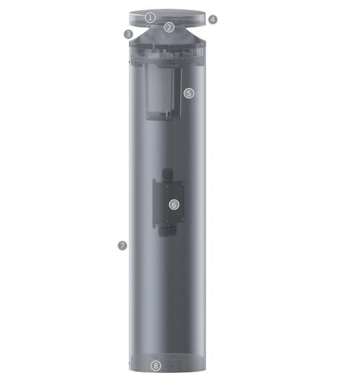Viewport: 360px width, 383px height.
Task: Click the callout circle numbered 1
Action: (x=150, y=17)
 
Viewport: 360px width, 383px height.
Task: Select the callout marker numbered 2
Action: (x=169, y=27)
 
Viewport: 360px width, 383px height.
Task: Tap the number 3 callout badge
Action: (x=128, y=34)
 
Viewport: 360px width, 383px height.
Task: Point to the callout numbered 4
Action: (x=213, y=19)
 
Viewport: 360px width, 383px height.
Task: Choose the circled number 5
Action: (x=189, y=93)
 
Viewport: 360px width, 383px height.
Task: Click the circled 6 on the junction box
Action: (x=174, y=205)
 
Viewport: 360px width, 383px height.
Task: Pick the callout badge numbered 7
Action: (x=122, y=246)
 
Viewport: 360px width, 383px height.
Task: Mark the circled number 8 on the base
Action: (x=156, y=366)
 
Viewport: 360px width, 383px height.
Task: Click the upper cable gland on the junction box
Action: (x=167, y=173)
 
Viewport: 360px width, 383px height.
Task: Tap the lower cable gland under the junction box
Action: (x=167, y=231)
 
